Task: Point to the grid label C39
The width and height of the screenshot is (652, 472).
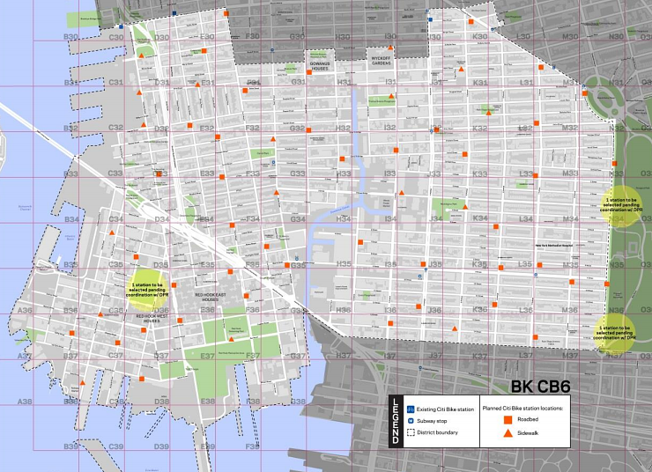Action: point(115,446)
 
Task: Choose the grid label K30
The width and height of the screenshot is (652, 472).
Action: point(479,37)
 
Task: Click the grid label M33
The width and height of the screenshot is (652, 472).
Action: point(570,173)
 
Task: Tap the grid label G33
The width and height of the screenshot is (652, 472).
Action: point(297,173)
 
